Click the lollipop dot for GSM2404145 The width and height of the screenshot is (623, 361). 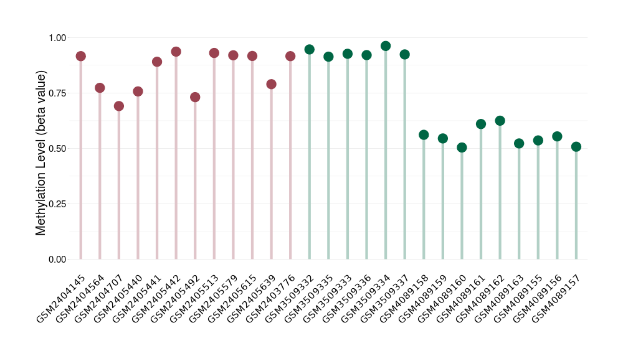tap(80, 56)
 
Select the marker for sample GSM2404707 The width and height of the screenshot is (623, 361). tap(119, 106)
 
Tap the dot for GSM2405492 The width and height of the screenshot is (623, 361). tap(195, 97)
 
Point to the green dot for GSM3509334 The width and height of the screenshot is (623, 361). tap(386, 46)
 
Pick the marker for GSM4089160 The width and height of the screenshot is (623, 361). tap(462, 148)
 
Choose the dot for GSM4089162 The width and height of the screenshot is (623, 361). tap(500, 121)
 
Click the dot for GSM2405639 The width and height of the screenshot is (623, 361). tap(271, 84)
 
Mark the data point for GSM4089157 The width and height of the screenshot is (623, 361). tap(576, 147)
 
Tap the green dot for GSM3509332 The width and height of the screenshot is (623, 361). tap(310, 49)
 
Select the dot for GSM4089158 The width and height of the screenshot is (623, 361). tap(424, 135)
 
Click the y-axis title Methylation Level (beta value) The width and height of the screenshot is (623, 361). tap(41, 153)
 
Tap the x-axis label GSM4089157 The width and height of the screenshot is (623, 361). tap(557, 299)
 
